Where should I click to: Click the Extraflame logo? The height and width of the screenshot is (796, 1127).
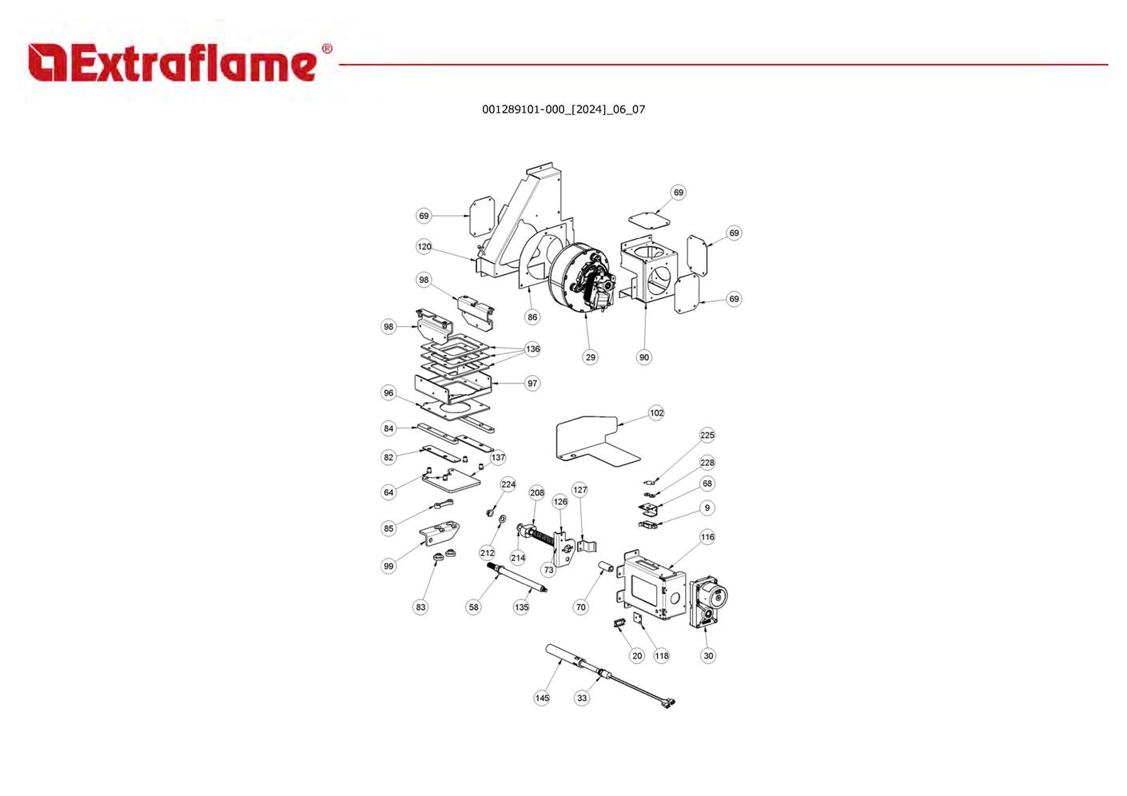(179, 62)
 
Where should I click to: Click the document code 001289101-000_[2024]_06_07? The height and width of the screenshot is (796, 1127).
(563, 109)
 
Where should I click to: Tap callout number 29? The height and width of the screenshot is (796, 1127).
(590, 357)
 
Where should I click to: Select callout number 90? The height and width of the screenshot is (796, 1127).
(644, 357)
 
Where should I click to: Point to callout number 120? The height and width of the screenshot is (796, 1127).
(424, 247)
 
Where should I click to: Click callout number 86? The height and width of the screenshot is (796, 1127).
(532, 317)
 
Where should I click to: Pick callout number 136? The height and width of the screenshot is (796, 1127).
(533, 349)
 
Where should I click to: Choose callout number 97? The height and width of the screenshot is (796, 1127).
(532, 384)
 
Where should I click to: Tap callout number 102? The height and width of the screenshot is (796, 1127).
(656, 413)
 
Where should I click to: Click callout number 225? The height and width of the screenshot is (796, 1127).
(707, 436)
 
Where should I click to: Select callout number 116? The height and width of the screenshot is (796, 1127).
(707, 537)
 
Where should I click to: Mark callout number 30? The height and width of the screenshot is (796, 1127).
(708, 656)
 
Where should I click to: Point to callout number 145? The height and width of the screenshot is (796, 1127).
(542, 698)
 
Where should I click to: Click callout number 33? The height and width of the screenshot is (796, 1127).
(582, 698)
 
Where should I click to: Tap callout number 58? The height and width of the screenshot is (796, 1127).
(474, 607)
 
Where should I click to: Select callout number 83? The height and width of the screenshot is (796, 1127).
(420, 607)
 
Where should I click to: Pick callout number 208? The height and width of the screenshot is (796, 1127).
(537, 493)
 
